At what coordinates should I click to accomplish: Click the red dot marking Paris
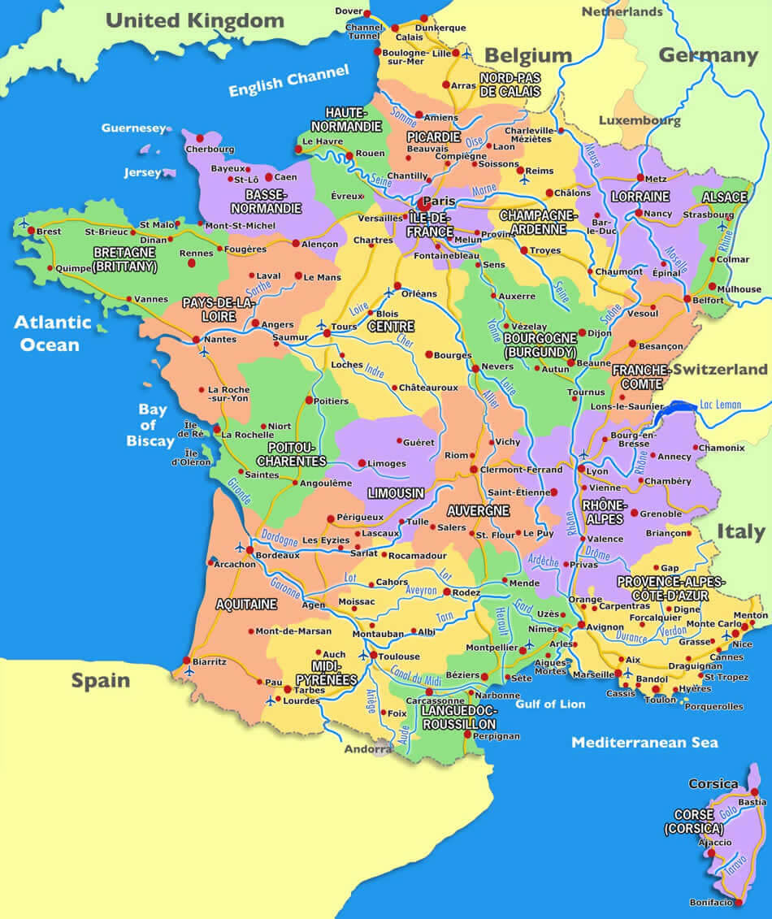424,206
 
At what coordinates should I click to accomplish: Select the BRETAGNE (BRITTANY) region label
125,259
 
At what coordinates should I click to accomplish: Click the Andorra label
367,749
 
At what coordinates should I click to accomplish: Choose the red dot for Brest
31,231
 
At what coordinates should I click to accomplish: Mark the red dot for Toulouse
373,655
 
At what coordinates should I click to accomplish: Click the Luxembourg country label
640,120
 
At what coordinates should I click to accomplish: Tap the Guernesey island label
132,128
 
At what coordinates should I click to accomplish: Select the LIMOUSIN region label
396,493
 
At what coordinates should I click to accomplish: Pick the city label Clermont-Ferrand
522,470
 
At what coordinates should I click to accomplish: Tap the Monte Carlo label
713,623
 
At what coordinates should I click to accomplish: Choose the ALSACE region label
723,197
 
